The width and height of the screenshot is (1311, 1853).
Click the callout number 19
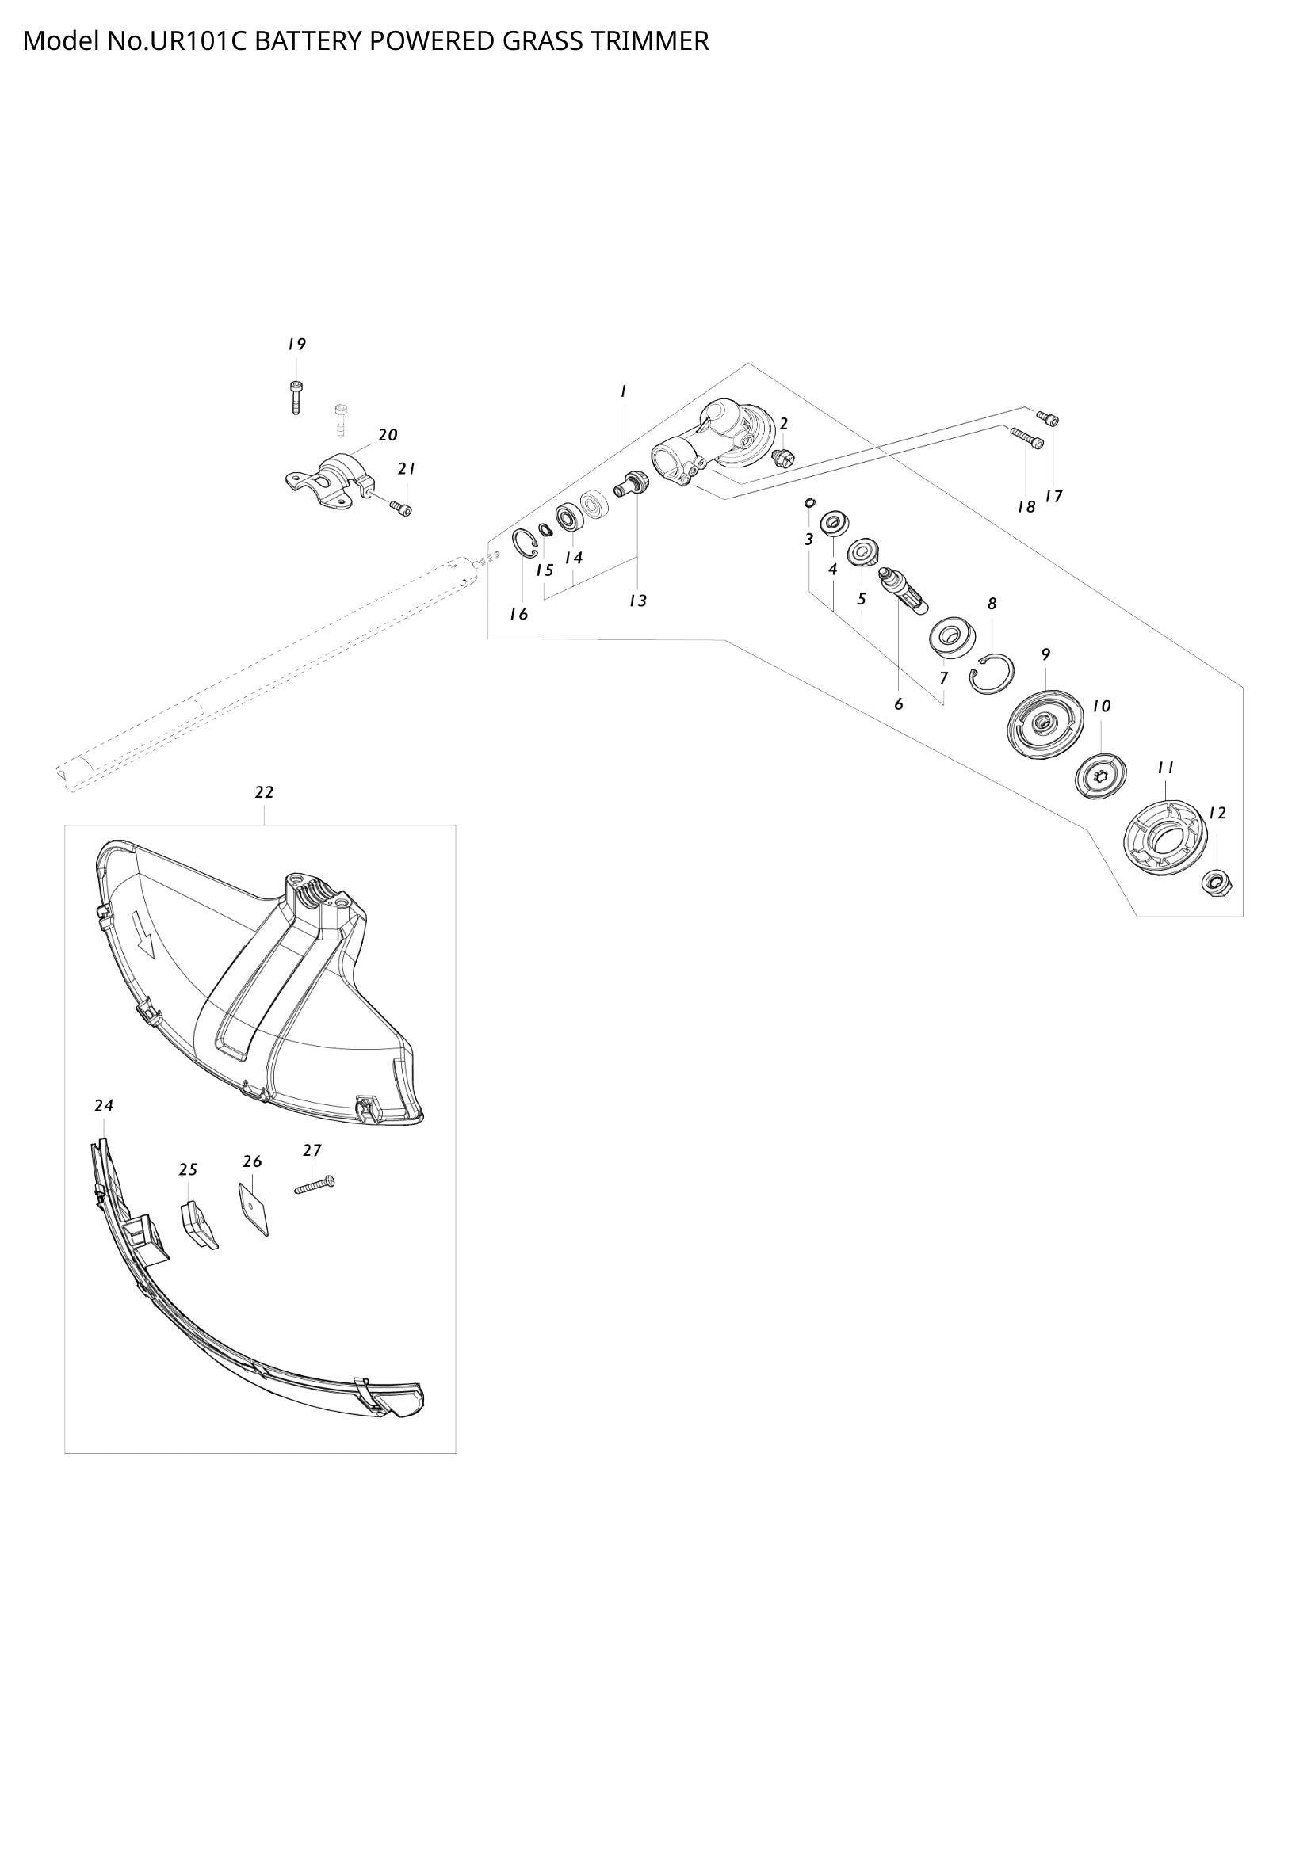[296, 345]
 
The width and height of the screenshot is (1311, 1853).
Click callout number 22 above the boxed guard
[264, 792]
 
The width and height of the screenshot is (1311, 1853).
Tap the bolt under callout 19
[296, 397]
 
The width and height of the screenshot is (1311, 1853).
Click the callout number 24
[104, 1106]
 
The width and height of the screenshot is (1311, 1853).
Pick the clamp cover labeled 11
[1165, 836]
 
